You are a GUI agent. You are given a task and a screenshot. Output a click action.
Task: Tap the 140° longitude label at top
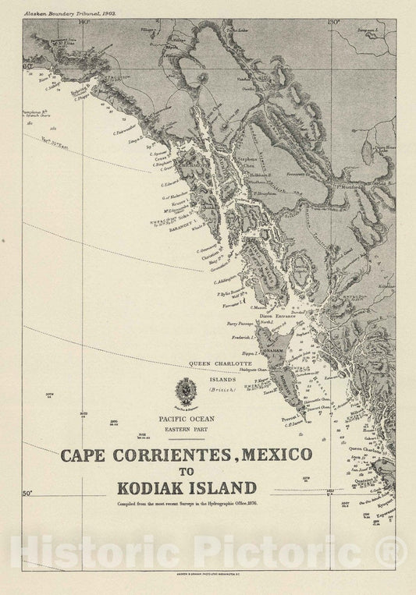coord(84,21)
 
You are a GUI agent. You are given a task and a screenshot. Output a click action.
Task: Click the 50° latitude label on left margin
coord(28,493)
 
